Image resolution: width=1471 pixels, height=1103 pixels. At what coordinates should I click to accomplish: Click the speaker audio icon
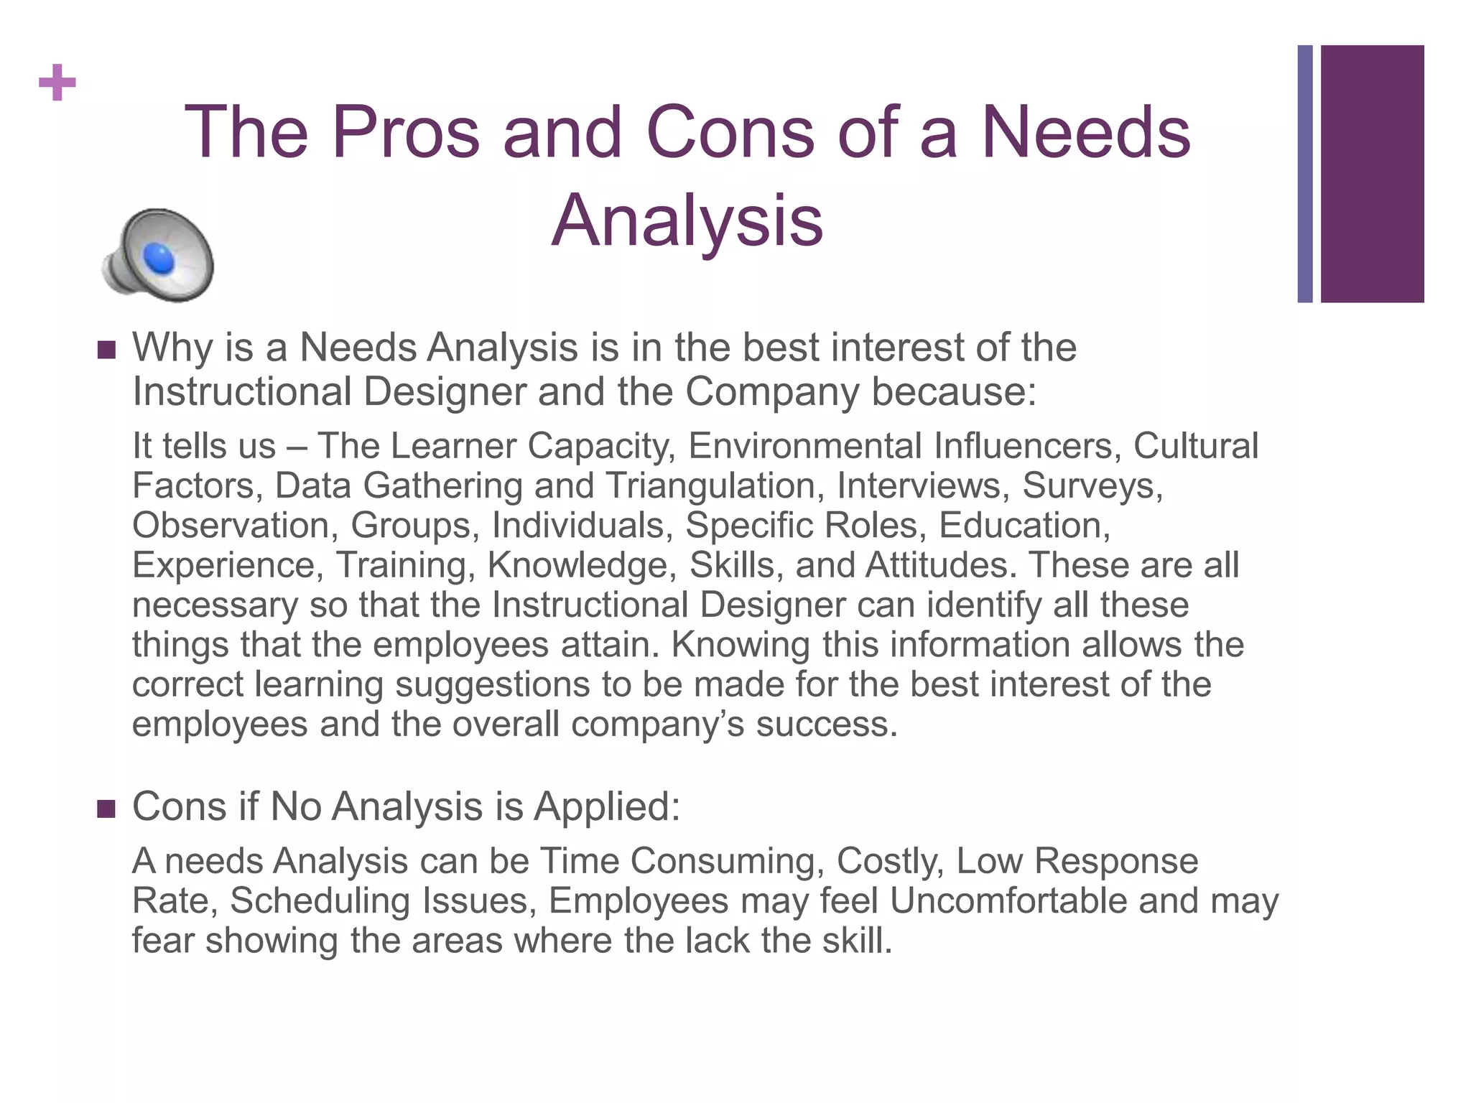159,256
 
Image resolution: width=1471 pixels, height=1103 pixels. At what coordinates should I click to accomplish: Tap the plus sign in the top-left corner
57,83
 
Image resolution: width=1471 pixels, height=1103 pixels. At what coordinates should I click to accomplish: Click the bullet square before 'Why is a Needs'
106,350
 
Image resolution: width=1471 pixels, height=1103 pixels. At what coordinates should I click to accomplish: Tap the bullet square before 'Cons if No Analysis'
106,809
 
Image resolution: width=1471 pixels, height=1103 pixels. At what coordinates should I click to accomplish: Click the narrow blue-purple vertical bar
1305,174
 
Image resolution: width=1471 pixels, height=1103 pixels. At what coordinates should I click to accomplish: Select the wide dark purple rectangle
1372,174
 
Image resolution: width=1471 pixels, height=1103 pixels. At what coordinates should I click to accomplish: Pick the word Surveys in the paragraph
1091,485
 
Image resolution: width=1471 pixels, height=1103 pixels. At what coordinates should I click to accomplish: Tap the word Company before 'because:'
772,392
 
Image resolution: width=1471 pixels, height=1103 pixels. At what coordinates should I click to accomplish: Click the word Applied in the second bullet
607,806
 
